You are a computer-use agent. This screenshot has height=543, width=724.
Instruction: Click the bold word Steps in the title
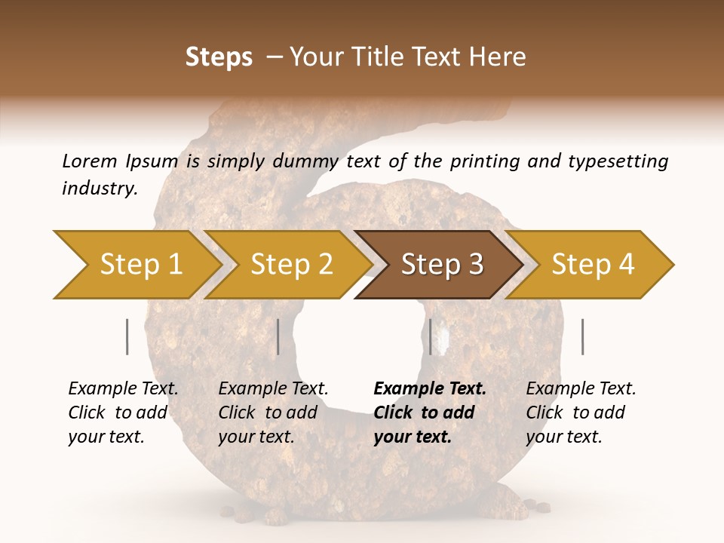click(x=219, y=57)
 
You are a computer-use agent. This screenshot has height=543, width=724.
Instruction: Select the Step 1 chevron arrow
click(x=136, y=264)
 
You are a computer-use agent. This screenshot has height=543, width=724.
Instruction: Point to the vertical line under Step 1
click(x=127, y=336)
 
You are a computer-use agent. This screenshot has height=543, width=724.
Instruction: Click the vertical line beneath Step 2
click(x=278, y=336)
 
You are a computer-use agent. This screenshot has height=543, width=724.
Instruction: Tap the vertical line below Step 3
click(x=431, y=336)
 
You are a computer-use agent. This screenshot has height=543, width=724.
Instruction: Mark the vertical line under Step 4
click(x=583, y=336)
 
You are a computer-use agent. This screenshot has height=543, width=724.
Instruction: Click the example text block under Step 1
click(x=123, y=413)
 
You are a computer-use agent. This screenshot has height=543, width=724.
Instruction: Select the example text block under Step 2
click(x=273, y=413)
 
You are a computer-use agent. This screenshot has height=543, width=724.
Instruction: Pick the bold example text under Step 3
click(x=430, y=413)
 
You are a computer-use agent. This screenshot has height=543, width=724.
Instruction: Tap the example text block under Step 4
click(x=581, y=413)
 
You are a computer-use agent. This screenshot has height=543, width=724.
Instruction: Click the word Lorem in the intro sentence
click(x=89, y=161)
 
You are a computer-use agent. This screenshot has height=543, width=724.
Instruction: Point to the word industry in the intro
click(x=100, y=189)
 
